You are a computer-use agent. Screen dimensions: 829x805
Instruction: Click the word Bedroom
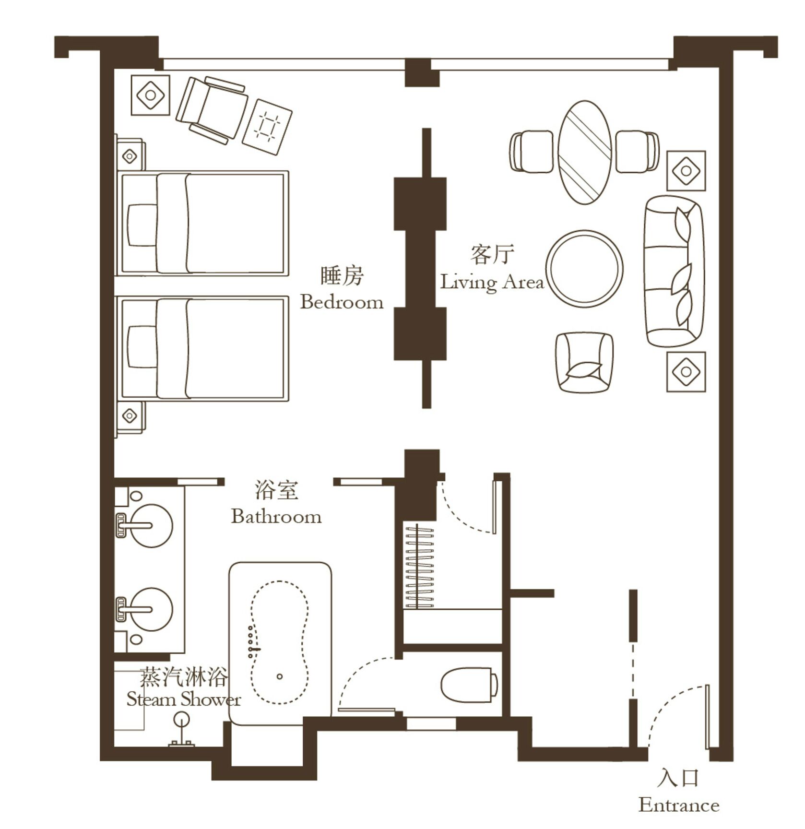(342, 302)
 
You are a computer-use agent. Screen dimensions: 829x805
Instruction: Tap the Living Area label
(492, 282)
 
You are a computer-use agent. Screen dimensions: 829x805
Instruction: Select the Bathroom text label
(276, 517)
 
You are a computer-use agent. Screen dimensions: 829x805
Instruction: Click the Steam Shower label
(183, 699)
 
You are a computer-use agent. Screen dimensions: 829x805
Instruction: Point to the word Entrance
(678, 805)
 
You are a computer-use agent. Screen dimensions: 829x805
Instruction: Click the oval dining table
(584, 152)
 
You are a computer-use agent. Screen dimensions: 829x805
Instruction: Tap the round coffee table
(584, 269)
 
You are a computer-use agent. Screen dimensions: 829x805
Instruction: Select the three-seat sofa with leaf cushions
(673, 271)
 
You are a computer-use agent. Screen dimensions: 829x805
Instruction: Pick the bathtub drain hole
(280, 676)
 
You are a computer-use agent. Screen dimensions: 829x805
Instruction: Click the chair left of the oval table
(532, 152)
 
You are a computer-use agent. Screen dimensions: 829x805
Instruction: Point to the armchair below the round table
(584, 363)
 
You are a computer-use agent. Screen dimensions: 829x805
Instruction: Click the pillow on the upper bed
(142, 225)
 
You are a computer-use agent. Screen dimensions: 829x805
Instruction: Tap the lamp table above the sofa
(686, 171)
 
